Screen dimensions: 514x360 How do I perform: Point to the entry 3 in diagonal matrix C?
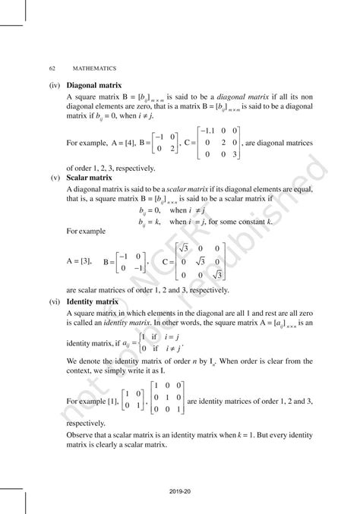point(235,154)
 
